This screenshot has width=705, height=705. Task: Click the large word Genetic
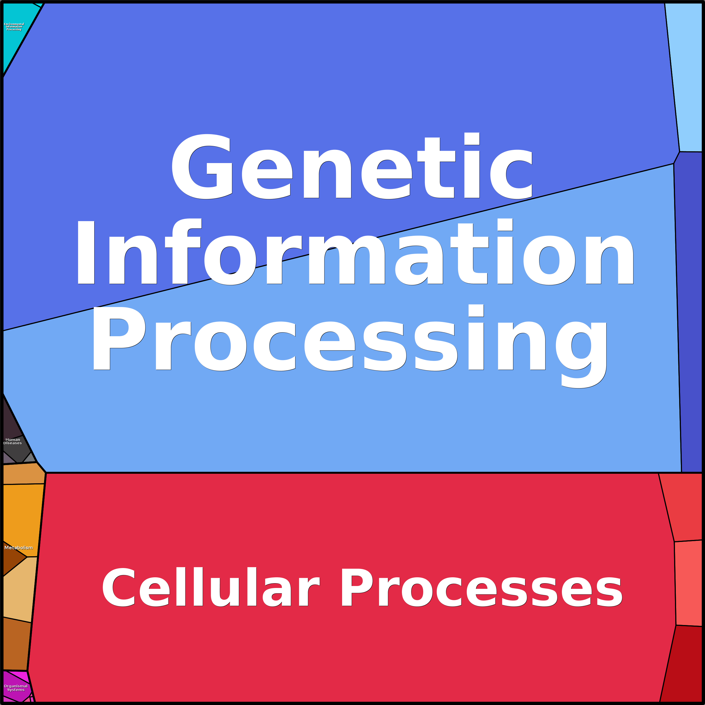(352, 166)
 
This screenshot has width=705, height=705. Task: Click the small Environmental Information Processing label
(14, 27)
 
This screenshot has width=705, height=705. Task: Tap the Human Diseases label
(13, 441)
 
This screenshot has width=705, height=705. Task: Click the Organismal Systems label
(16, 688)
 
